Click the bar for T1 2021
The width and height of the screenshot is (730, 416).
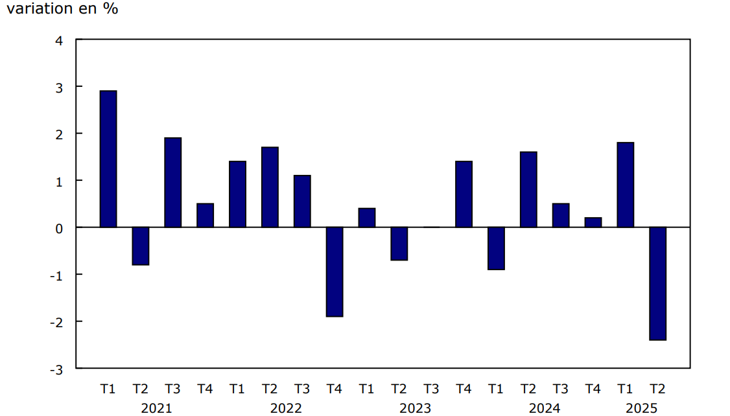point(108,159)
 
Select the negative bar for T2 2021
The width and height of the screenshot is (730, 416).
point(141,246)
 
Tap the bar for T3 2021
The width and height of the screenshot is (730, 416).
point(173,182)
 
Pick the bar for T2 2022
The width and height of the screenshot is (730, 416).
point(270,187)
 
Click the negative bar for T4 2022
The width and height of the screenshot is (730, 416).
point(335,272)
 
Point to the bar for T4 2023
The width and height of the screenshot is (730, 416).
point(464,194)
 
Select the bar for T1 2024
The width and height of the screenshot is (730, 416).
point(496,248)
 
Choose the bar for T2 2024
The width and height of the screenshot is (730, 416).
point(528,189)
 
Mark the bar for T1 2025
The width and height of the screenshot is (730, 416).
point(625,185)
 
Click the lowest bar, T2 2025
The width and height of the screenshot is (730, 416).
point(657,283)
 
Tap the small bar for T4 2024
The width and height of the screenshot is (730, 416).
point(593,222)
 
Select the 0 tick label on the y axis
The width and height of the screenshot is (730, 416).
point(60,228)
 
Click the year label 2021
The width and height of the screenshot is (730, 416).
point(156,408)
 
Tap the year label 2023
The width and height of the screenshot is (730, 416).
point(415,408)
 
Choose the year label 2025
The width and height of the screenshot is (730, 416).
point(641,408)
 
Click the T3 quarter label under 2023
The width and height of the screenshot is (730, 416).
point(431,389)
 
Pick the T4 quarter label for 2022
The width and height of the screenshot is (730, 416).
point(335,389)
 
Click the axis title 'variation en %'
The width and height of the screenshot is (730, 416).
point(63,10)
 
